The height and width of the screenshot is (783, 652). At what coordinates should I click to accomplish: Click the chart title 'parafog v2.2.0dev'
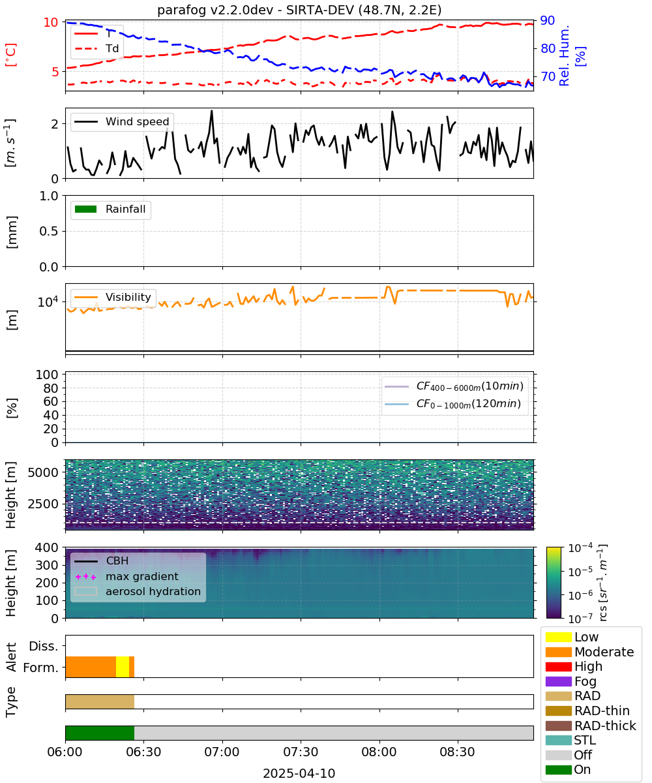[215, 10]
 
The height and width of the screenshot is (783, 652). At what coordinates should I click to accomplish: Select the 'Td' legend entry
[96, 48]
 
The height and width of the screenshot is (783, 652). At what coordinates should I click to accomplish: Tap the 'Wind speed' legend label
[137, 121]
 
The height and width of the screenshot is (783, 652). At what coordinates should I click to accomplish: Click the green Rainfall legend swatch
[85, 209]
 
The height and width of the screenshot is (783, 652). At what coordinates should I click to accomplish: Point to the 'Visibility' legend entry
[112, 297]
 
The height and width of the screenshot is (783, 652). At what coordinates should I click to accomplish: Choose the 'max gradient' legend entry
[126, 576]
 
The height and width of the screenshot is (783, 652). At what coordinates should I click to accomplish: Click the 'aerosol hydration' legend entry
[138, 591]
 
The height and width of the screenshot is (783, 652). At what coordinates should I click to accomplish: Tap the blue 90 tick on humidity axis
[547, 20]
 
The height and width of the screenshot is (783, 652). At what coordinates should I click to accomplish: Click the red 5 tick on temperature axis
[55, 71]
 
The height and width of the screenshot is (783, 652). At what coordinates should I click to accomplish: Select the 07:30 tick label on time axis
[301, 752]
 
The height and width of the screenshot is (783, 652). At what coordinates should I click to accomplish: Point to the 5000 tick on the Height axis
[43, 472]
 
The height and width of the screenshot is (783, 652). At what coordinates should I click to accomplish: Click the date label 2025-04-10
[299, 773]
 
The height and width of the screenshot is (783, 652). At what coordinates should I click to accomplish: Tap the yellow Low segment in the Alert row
[123, 667]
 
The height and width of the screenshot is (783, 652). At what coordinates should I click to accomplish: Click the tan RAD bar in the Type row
[100, 701]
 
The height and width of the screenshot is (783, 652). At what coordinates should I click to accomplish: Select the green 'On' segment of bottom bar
[100, 733]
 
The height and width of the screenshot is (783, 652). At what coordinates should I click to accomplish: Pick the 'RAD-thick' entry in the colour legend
[591, 726]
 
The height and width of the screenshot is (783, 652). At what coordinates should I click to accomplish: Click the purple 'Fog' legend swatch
[558, 681]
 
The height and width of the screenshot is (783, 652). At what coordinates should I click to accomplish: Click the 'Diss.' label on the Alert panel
[44, 646]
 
